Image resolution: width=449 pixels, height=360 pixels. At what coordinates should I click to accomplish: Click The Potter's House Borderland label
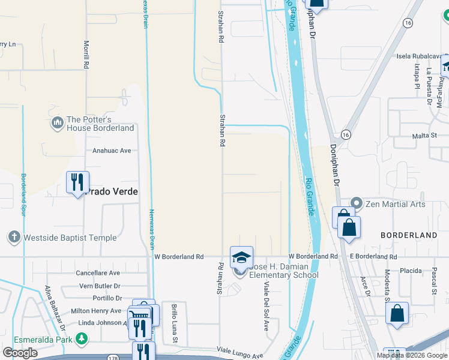[x=100, y=124]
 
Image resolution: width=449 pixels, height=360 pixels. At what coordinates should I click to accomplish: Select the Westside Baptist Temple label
[x=70, y=238]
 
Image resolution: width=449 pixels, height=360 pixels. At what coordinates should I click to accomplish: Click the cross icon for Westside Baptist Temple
[x=15, y=238]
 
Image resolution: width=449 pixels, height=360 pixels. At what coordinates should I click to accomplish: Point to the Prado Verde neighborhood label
[x=112, y=192]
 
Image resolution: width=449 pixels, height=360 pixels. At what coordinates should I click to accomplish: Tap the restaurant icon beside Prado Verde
[x=77, y=182]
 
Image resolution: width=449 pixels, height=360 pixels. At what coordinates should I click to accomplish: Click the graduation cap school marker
[x=241, y=257]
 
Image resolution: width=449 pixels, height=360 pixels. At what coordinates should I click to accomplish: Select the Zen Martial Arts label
[x=396, y=204]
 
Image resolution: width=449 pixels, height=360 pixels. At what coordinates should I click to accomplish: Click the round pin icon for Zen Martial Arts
[x=357, y=204]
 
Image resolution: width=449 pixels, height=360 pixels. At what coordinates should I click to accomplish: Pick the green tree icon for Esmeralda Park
[x=82, y=340]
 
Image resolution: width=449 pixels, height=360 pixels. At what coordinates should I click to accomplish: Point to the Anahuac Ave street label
[x=112, y=151]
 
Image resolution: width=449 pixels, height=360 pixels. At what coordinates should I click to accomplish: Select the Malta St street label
[x=424, y=137]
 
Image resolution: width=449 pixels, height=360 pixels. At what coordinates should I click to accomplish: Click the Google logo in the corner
[x=20, y=353]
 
